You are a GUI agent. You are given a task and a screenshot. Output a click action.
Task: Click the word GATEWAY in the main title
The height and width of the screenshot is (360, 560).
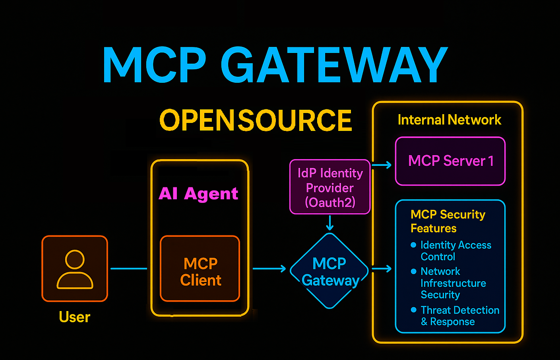pos(334,65)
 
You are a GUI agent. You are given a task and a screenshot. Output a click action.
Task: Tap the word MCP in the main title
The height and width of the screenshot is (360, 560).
pos(154,65)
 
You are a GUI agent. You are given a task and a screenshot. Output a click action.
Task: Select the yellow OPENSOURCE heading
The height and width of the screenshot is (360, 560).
pos(256,121)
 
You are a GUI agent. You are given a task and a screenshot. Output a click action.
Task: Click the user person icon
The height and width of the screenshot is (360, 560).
pos(75,269)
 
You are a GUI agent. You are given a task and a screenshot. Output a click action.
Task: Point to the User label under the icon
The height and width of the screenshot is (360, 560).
pos(75,317)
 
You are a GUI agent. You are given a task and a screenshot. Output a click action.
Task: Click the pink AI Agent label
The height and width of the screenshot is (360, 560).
pos(198,194)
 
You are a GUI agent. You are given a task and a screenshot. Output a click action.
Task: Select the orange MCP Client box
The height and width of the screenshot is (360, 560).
pos(200,269)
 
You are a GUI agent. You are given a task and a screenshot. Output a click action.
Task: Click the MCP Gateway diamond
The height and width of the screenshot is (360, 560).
pos(329,271)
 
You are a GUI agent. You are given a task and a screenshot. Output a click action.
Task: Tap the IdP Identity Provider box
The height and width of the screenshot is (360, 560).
pos(330,187)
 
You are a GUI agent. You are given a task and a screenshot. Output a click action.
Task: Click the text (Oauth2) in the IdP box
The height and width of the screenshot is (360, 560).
pos(330,202)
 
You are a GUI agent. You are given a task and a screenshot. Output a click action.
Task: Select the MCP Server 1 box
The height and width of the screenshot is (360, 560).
pos(450,161)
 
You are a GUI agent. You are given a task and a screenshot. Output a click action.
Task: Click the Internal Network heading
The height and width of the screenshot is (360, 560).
pos(449,120)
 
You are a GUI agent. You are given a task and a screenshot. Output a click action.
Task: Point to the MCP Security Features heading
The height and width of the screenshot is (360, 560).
pos(448,221)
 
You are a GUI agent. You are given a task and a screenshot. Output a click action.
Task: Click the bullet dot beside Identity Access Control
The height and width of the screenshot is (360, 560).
pos(413,245)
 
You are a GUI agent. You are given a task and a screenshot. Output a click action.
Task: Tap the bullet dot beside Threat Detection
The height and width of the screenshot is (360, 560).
pos(413,310)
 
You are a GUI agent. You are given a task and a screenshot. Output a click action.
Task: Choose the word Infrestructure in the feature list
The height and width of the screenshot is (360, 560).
pos(453,283)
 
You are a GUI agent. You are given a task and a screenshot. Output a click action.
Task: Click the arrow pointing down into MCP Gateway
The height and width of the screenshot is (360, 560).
pos(329,223)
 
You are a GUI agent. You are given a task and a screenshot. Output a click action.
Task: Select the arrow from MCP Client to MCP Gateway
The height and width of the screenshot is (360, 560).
pos(269,269)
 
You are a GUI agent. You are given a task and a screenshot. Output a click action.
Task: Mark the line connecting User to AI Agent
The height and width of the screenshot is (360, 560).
pos(129,269)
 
